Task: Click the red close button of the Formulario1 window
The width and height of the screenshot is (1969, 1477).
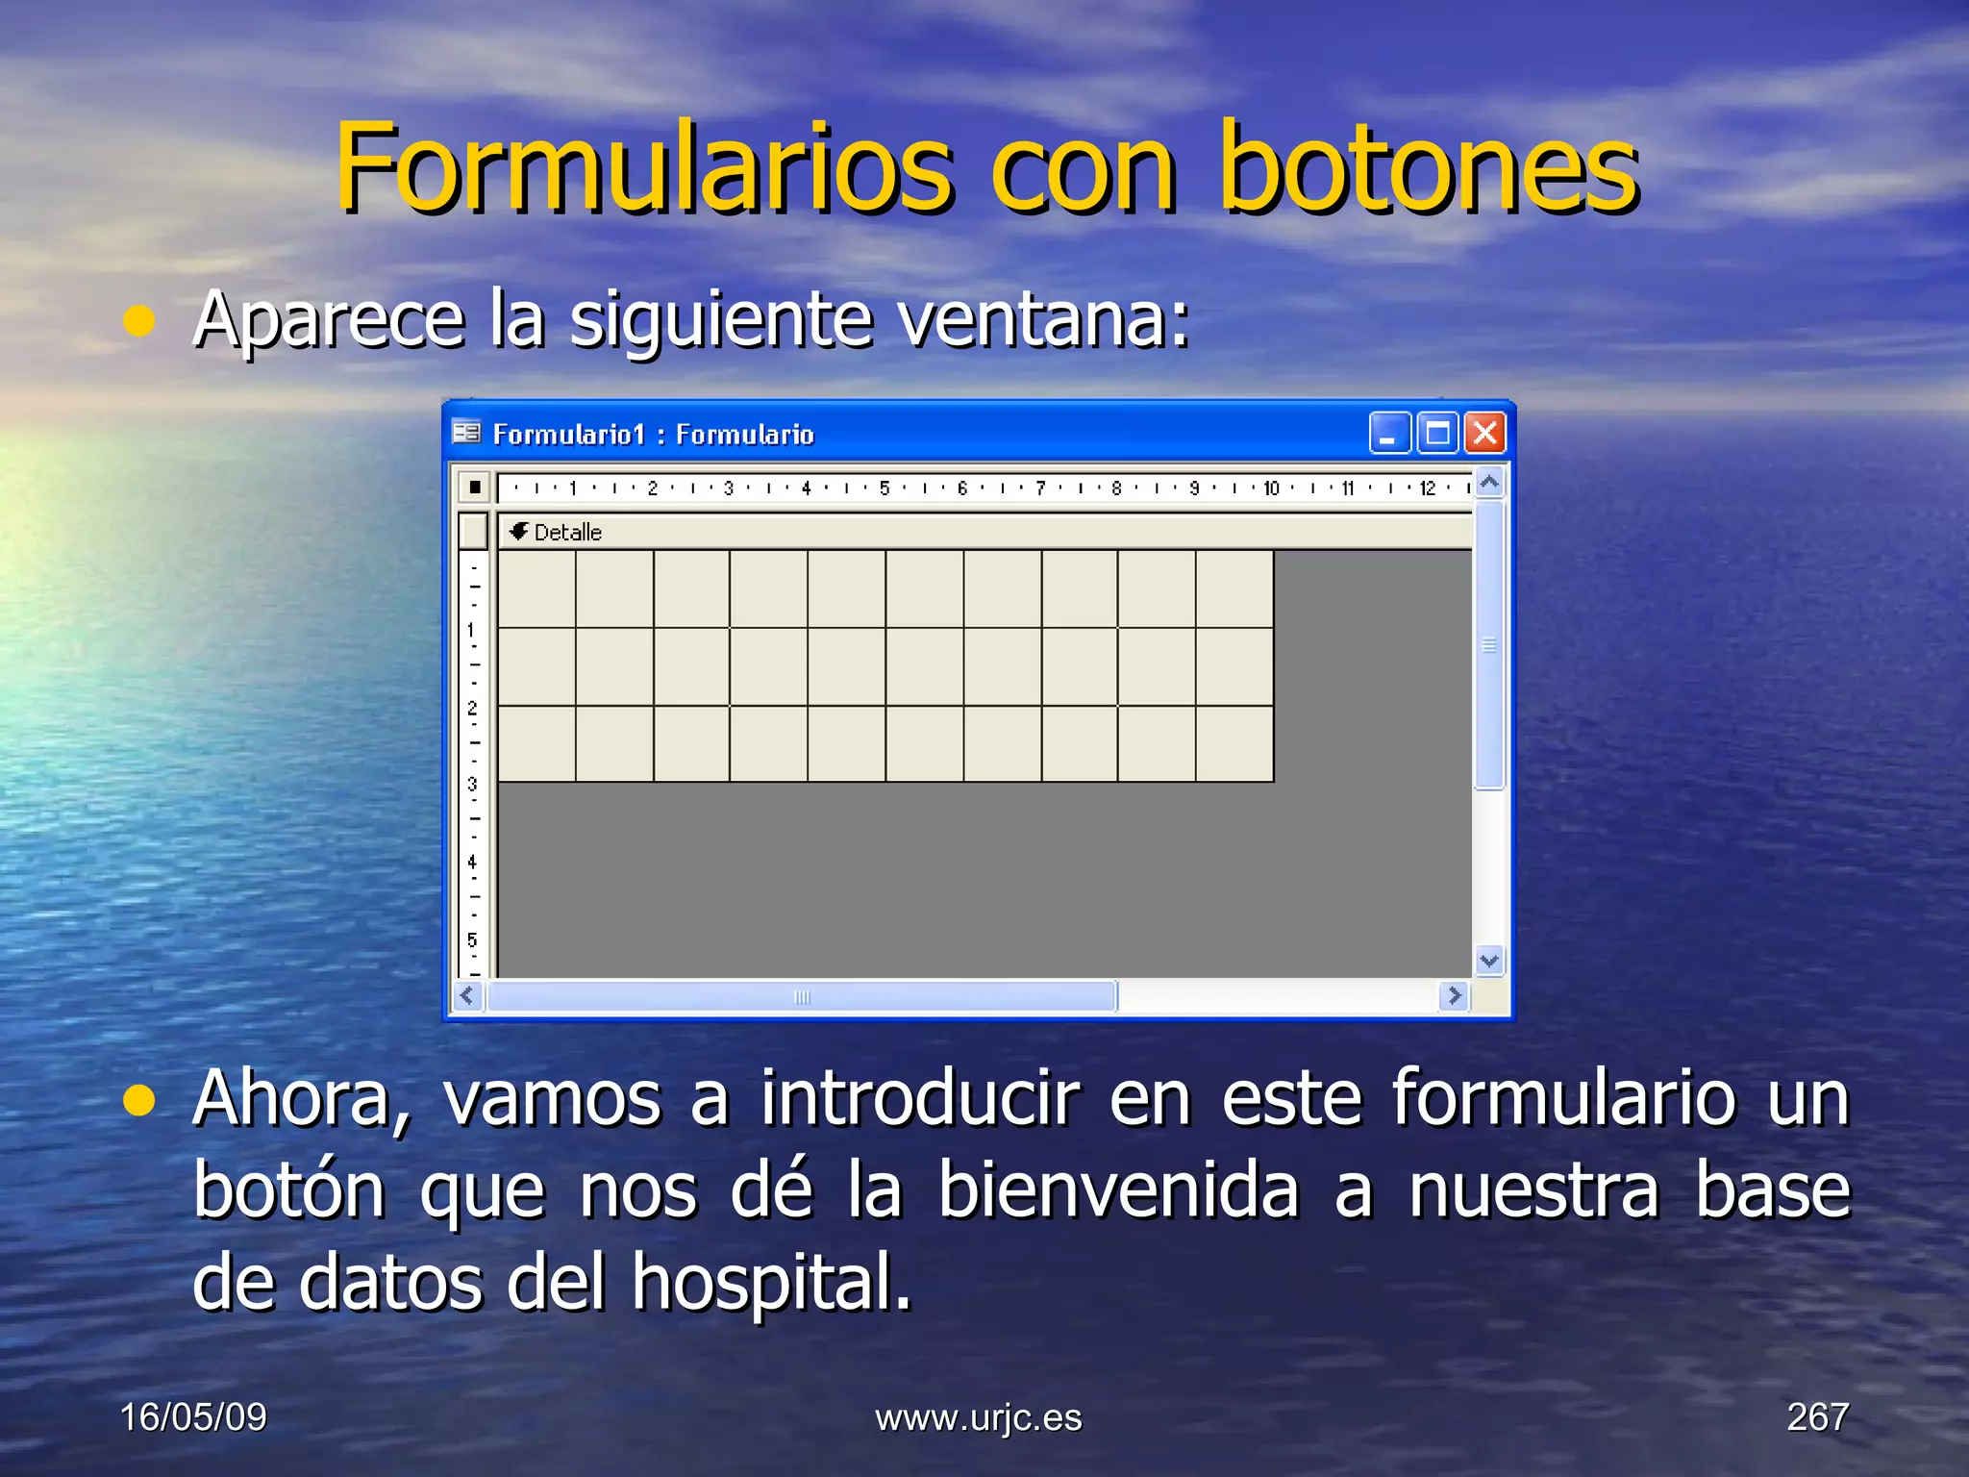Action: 1485,434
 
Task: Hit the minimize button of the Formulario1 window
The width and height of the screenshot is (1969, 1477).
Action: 1389,434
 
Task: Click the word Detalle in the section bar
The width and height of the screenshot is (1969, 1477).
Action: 567,533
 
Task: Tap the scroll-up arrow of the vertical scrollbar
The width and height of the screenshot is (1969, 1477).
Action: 1489,483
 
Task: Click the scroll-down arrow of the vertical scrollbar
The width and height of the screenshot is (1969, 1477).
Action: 1489,960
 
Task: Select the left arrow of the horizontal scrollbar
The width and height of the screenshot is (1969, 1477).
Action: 468,996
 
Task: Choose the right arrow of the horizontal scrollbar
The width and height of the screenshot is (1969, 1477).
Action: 1454,996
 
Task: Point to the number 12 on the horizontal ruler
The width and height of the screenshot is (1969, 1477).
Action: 1427,488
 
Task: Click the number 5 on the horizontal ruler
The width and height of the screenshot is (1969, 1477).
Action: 884,488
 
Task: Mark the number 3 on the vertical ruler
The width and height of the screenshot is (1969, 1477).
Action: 472,785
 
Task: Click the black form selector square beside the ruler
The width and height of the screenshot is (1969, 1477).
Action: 475,488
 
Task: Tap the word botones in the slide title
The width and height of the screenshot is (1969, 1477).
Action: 1429,168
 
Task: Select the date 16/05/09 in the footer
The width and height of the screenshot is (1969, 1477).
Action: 193,1417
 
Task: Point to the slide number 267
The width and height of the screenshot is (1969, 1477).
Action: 1817,1417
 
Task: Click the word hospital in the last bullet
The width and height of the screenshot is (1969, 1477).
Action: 771,1283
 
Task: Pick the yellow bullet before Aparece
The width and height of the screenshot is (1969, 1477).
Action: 140,321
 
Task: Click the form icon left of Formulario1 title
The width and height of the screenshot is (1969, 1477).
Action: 466,434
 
